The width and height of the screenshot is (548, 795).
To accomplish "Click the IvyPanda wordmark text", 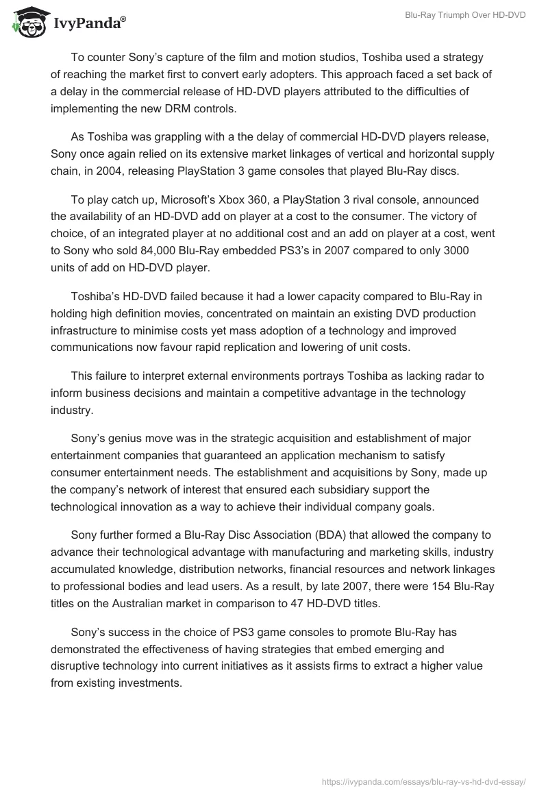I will click(x=89, y=24).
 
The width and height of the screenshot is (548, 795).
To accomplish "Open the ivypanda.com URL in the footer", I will click(x=424, y=781).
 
